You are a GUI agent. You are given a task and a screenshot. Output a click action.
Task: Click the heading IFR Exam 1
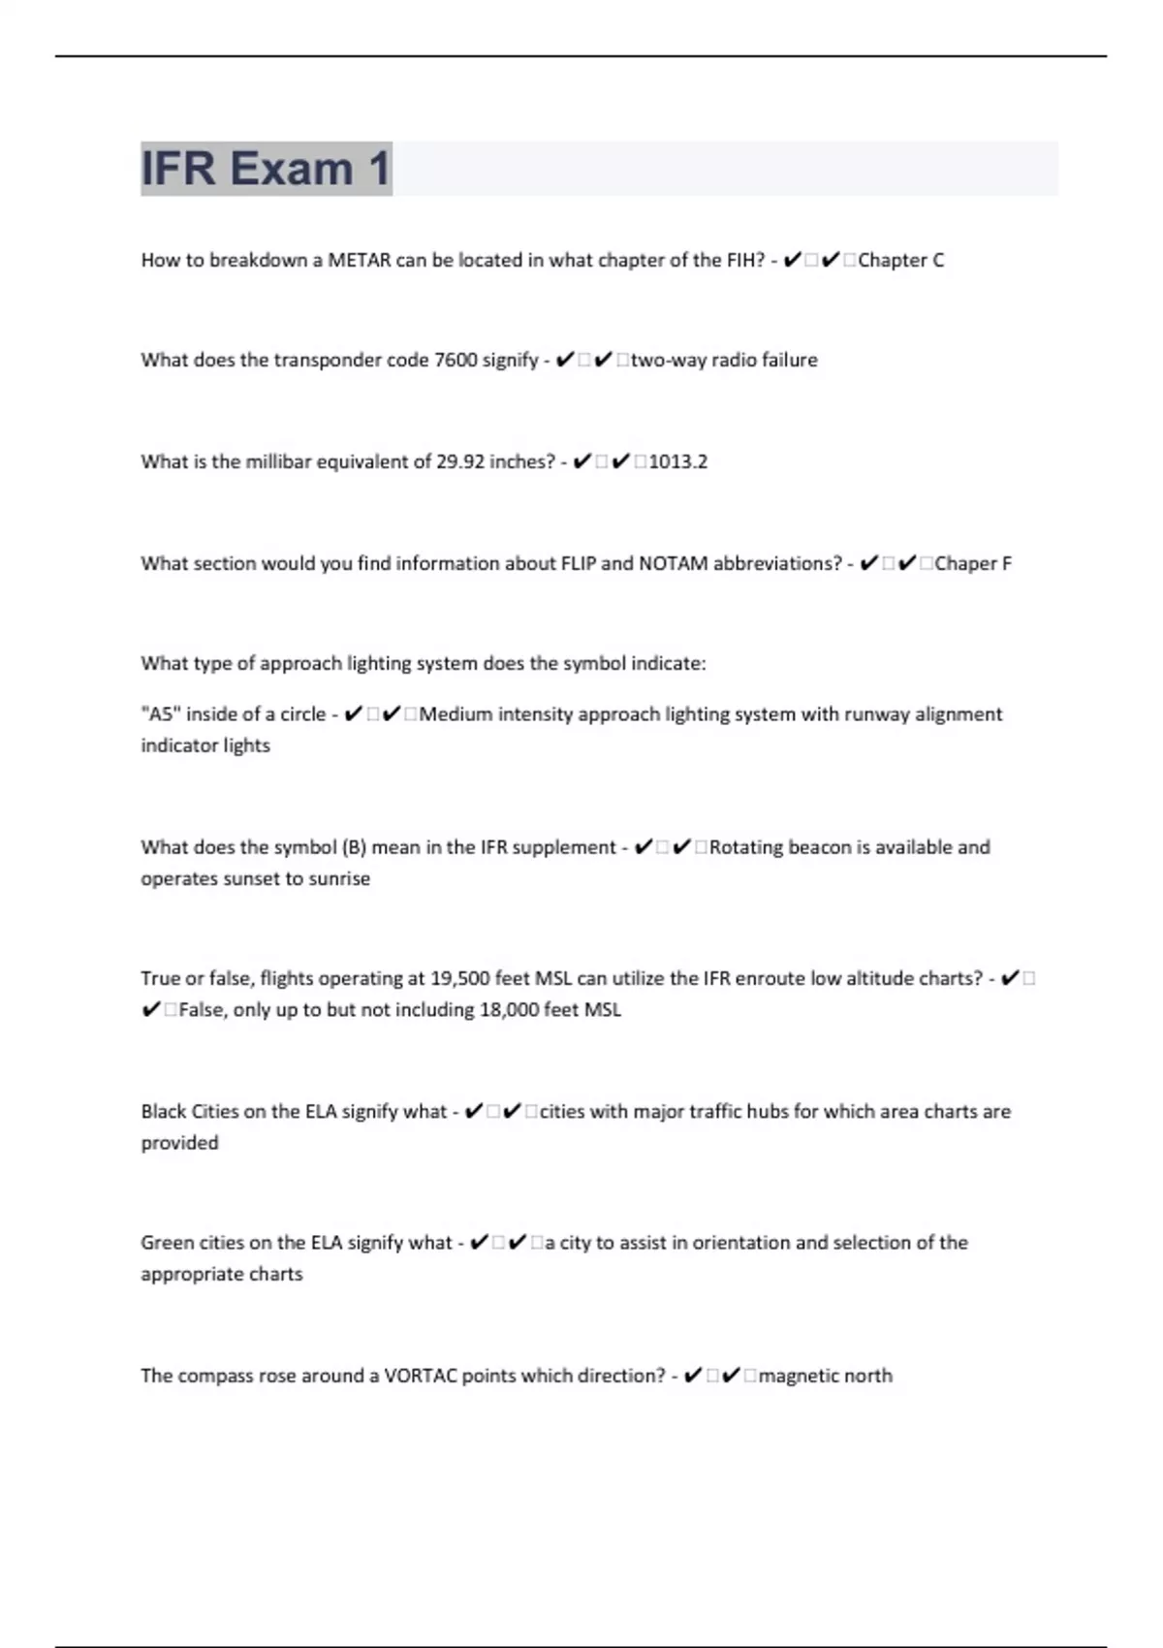pyautogui.click(x=266, y=169)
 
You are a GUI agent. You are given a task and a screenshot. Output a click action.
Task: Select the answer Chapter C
pyautogui.click(x=900, y=260)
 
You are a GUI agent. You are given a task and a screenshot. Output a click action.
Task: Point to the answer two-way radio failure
pyautogui.click(x=724, y=360)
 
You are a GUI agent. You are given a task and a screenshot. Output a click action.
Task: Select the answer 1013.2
pyautogui.click(x=678, y=461)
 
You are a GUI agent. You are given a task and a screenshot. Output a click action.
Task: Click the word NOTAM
pyautogui.click(x=673, y=563)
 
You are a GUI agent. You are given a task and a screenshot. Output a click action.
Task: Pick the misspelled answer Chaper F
pyautogui.click(x=972, y=563)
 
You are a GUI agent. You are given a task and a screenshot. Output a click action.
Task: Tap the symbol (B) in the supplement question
pyautogui.click(x=354, y=847)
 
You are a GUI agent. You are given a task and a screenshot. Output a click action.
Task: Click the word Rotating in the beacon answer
pyautogui.click(x=745, y=847)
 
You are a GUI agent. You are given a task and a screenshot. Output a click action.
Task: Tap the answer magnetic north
pyautogui.click(x=825, y=1376)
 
